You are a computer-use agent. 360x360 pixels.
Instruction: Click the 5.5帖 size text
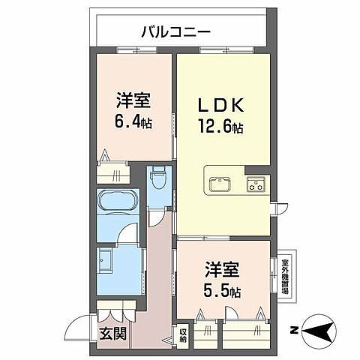pos(222,290)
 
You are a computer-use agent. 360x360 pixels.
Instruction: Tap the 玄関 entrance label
pos(112,332)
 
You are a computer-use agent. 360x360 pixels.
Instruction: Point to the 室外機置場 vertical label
pos(285,277)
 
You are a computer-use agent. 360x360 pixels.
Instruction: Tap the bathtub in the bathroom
pos(118,203)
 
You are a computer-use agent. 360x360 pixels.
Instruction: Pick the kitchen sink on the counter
pos(220,184)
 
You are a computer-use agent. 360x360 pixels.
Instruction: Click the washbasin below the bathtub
pos(106,262)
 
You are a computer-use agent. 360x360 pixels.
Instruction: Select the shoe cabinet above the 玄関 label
pos(116,310)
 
